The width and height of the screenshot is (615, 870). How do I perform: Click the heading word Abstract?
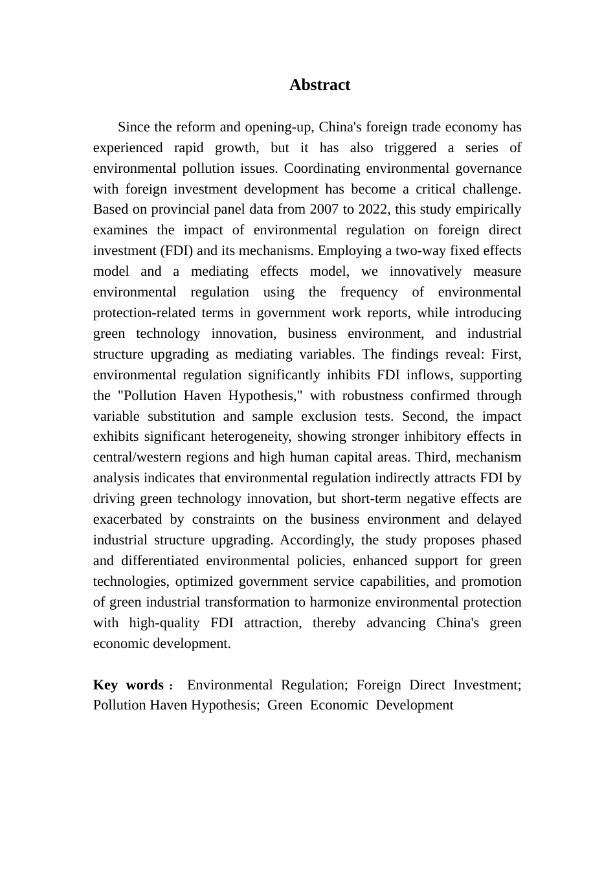point(319,85)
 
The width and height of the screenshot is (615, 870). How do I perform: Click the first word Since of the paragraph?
point(134,127)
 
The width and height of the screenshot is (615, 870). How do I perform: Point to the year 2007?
point(324,209)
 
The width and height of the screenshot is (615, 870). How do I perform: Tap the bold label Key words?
point(128,685)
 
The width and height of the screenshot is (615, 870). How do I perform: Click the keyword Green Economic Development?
point(360,705)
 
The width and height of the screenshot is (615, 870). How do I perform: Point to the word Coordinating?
point(322,168)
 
